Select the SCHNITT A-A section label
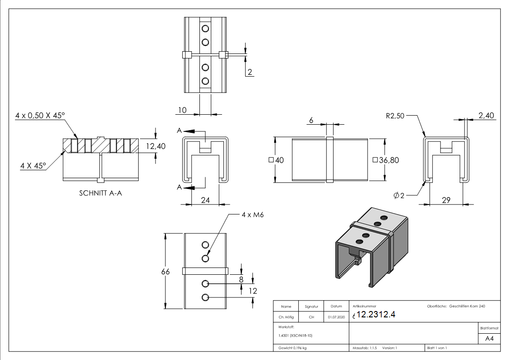[100, 193]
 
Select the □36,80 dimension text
[385, 160]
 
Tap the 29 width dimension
[446, 200]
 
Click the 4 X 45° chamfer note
[33, 166]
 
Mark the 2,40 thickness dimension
[486, 116]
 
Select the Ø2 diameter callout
[399, 195]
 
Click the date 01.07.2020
[336, 317]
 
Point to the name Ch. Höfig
[286, 317]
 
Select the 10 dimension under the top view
[182, 110]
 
